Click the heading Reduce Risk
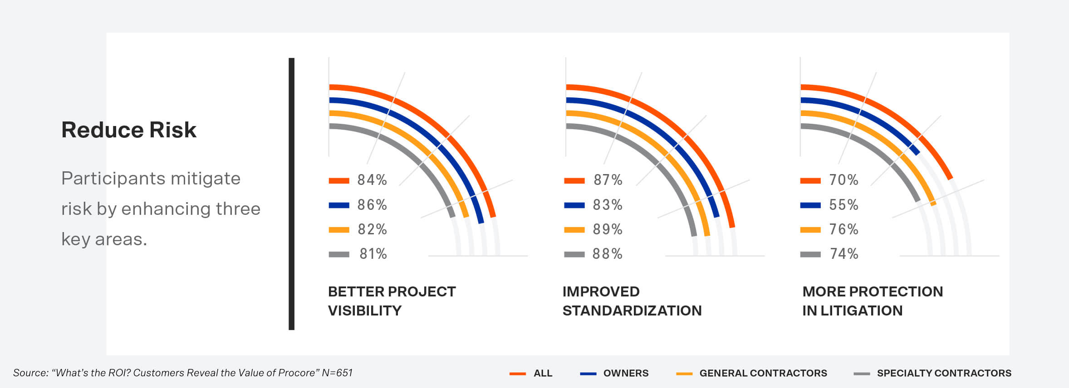(x=129, y=130)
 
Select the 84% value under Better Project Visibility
(x=372, y=180)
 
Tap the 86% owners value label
(x=372, y=205)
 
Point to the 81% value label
(x=373, y=254)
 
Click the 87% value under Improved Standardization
(x=608, y=180)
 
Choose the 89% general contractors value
(x=608, y=229)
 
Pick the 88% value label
(x=607, y=254)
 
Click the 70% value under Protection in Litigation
(x=843, y=180)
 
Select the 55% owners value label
(x=843, y=205)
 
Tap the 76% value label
(x=843, y=229)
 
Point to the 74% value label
(x=844, y=254)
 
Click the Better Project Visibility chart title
(x=392, y=301)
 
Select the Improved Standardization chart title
(x=632, y=301)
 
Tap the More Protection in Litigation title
(x=872, y=301)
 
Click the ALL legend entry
(x=543, y=373)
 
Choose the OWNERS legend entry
(x=626, y=373)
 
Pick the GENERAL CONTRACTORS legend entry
(x=763, y=373)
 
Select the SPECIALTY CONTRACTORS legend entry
(x=944, y=373)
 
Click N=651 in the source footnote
(x=337, y=373)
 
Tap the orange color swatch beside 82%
(x=339, y=230)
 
